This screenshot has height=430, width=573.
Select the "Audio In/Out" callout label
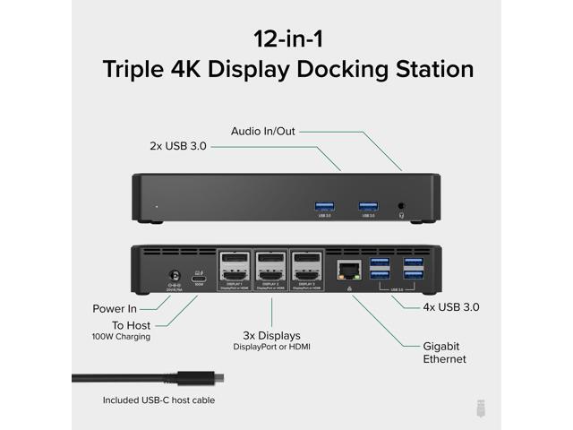[262, 131]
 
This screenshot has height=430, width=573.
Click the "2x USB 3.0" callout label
[178, 145]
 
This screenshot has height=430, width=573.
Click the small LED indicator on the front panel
[157, 206]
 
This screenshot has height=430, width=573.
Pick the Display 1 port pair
[235, 269]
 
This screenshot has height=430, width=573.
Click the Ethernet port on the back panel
[346, 269]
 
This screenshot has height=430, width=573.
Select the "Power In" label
[115, 308]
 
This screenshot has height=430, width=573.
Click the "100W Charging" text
[121, 337]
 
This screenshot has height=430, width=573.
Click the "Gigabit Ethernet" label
[444, 352]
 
